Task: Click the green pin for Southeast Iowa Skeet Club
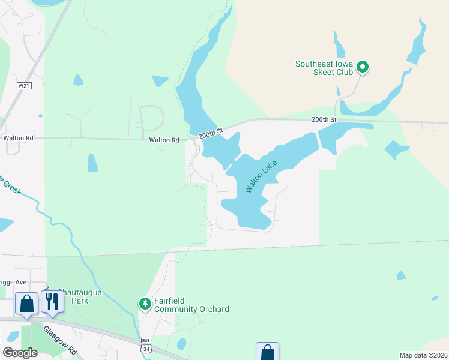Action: (362, 67)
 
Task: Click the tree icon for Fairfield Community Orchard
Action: (145, 304)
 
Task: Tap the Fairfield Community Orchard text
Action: (191, 305)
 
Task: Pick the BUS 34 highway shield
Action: (146, 344)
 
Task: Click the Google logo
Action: (20, 352)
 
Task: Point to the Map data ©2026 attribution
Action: (423, 355)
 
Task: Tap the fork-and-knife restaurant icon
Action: (52, 302)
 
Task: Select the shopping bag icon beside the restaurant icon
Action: (26, 304)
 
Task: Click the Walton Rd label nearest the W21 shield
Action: (18, 137)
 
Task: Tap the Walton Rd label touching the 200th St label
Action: (164, 140)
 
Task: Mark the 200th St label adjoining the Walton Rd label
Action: (211, 132)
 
